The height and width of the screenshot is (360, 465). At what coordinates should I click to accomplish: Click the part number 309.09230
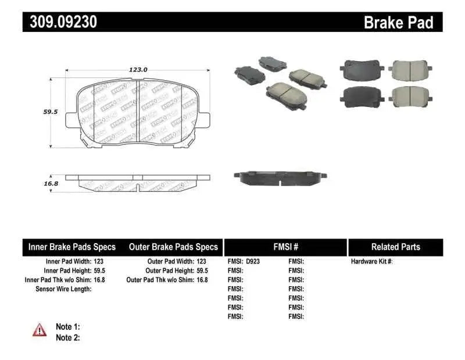60,22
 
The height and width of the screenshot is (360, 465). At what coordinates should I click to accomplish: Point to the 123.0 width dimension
138,69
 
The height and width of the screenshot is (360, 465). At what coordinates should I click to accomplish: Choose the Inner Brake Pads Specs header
72,247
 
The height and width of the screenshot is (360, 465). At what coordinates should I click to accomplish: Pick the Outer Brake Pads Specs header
173,247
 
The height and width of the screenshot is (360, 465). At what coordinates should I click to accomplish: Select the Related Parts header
395,247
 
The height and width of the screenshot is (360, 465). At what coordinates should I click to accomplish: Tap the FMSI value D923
253,262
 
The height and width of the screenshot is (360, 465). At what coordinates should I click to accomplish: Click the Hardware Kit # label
372,262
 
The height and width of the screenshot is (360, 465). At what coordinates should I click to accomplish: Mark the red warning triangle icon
40,330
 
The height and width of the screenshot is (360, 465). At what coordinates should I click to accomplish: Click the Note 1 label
67,327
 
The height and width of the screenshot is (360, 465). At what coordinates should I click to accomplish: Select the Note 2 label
67,337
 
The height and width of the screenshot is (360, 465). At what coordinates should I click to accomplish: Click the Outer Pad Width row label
171,262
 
